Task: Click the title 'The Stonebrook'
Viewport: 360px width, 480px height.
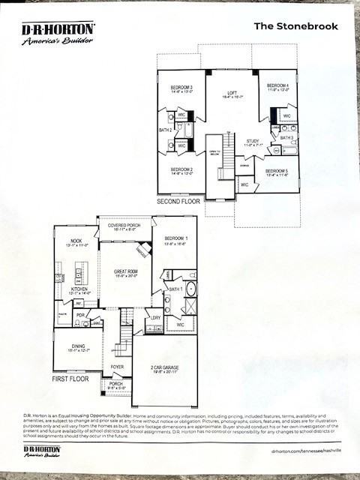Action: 295,26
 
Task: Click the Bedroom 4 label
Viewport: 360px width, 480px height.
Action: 277,87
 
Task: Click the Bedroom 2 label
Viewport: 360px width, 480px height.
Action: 181,171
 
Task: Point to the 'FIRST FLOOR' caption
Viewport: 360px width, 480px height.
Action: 71,379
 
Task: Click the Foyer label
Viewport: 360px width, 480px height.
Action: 117,367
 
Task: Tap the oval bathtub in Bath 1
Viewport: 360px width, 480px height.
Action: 190,289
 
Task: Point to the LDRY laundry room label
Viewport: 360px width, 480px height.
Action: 155,318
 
